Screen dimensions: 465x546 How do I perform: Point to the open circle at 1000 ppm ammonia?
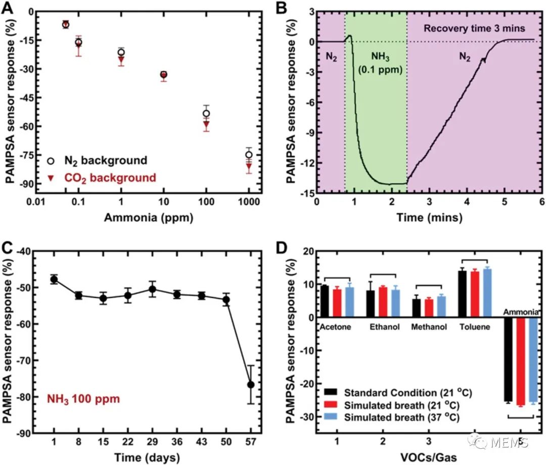(x=249, y=155)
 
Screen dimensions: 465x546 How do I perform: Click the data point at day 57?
(x=251, y=385)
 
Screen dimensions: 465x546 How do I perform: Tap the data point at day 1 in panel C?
(x=54, y=279)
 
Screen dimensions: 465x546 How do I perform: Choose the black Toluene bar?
(x=462, y=294)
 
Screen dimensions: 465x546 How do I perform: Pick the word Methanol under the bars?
(x=429, y=327)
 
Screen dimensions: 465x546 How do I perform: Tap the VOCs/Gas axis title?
(x=429, y=457)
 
